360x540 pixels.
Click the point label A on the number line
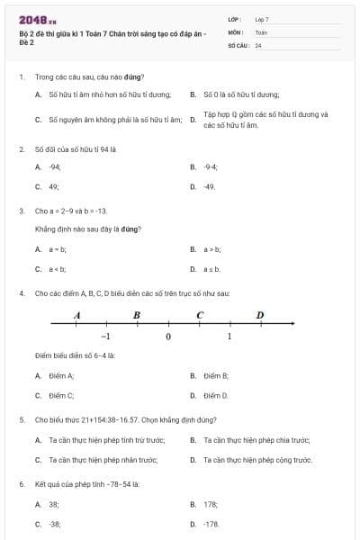click(76, 315)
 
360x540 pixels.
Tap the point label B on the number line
click(137, 315)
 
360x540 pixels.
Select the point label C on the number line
click(199, 315)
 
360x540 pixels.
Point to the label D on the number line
click(260, 315)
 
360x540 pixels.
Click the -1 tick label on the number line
click(105, 336)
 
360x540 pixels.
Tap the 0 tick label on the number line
click(167, 336)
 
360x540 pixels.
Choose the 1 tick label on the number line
click(229, 336)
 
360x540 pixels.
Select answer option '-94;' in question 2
click(54, 166)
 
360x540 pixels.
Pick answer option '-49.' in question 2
click(209, 186)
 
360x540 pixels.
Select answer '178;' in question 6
click(211, 504)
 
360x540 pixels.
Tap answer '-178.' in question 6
click(211, 523)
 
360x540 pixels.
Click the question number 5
click(21, 419)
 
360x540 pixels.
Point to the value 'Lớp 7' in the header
click(262, 19)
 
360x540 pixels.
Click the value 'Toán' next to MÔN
click(261, 31)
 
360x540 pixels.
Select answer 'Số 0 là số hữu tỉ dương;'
click(241, 94)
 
